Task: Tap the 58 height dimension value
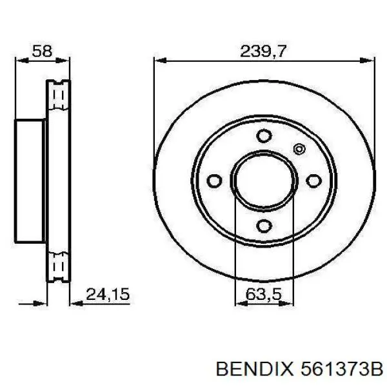click(42, 50)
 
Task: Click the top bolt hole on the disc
click(263, 135)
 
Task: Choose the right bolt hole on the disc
click(315, 180)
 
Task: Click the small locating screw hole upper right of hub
click(298, 149)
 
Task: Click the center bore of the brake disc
click(263, 180)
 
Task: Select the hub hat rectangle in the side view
click(30, 180)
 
